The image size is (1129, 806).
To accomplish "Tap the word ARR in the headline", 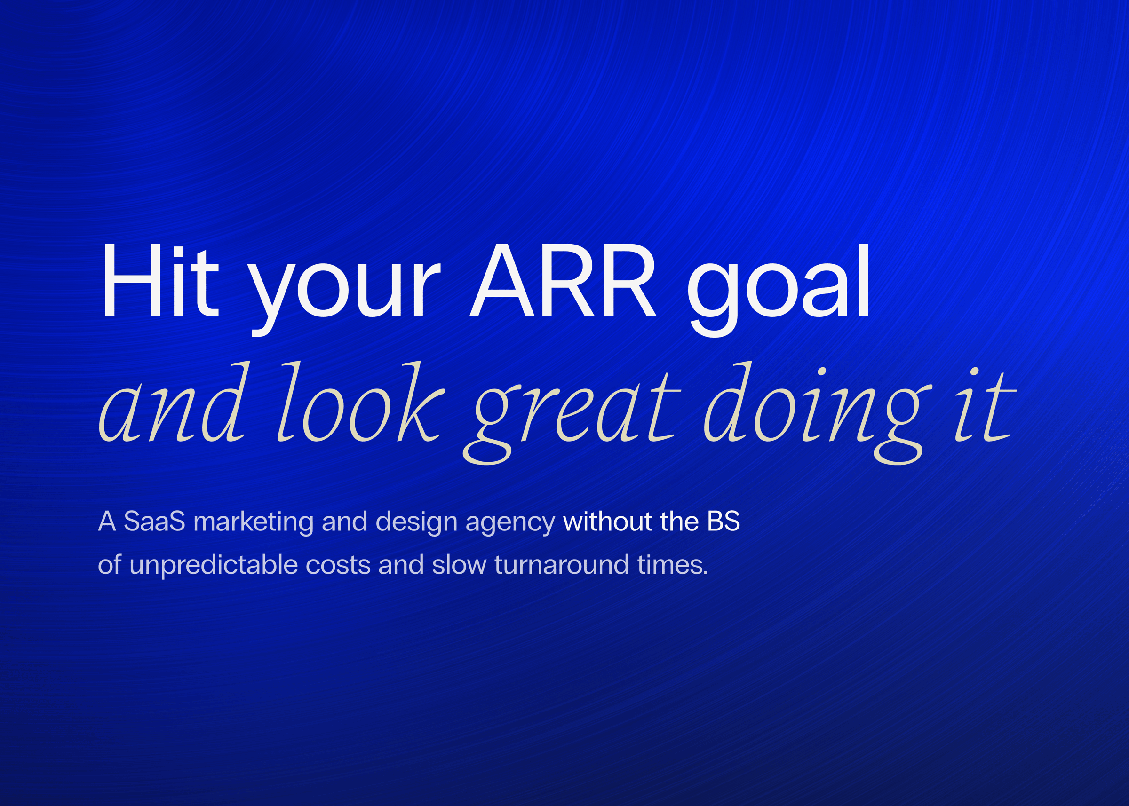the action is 563,280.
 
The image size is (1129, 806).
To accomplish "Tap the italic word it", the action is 984,404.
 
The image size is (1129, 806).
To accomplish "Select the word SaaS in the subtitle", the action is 154,522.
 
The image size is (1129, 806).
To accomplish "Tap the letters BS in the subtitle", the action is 724,522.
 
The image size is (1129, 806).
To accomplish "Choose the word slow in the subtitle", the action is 459,564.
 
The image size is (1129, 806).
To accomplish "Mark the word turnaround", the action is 562,565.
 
